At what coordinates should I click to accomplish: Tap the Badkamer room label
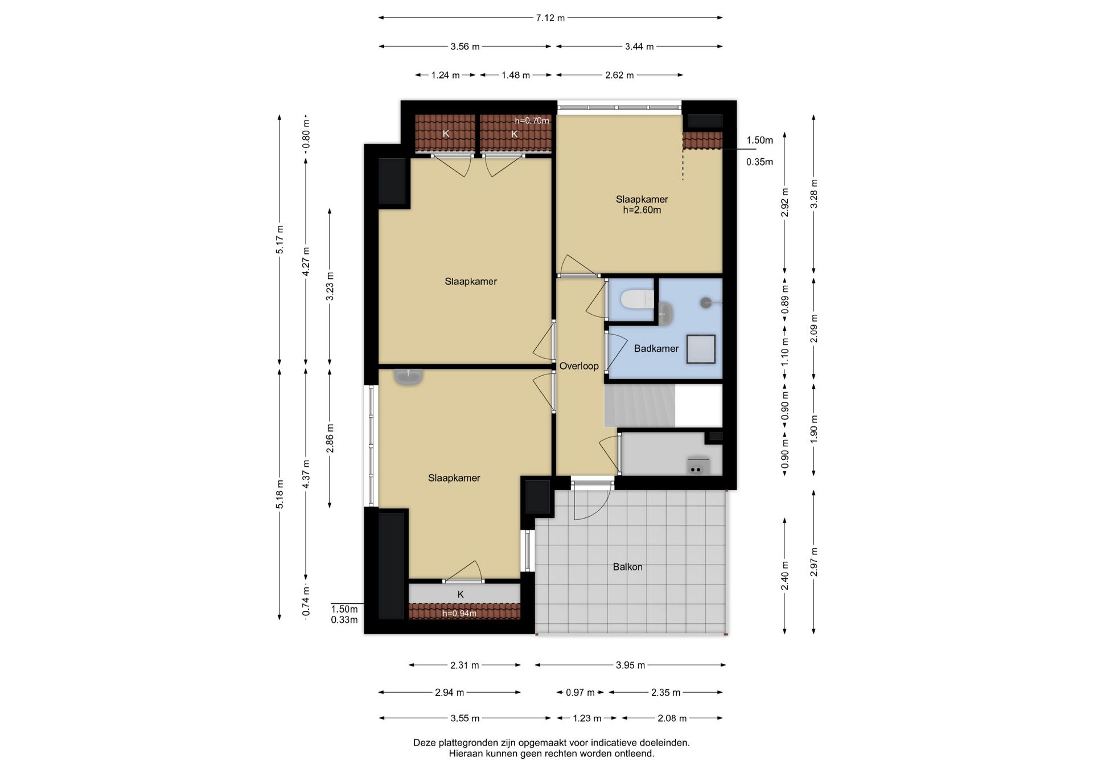[656, 348]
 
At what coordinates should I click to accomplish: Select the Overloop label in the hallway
[579, 366]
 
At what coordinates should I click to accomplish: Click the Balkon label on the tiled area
[627, 567]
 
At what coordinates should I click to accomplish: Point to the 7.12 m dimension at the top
[550, 18]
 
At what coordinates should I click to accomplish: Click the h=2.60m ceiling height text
[642, 210]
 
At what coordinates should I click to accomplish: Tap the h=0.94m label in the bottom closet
[459, 614]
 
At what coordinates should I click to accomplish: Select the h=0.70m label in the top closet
[532, 121]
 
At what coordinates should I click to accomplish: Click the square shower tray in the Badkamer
[701, 349]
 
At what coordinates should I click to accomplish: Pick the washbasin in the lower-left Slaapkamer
[408, 376]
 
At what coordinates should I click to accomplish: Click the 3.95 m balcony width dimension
[630, 665]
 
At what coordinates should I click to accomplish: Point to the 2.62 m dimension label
[619, 75]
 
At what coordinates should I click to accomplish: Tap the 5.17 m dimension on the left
[280, 240]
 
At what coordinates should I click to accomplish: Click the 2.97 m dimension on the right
[814, 562]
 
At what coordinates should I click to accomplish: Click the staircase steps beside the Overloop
[639, 405]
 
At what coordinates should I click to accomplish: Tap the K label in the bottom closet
[461, 594]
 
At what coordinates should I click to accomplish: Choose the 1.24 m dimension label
[445, 75]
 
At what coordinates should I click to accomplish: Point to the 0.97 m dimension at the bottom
[580, 693]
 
